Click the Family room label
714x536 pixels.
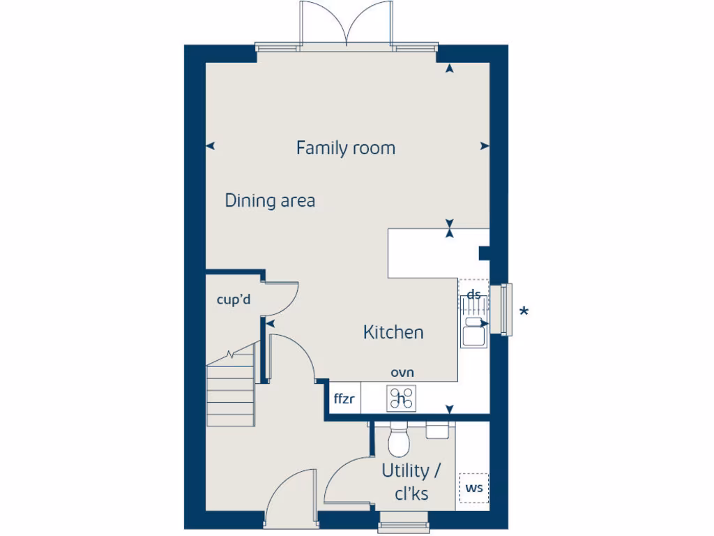coord(345,148)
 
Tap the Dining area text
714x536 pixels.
coord(270,201)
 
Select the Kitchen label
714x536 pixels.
coord(393,332)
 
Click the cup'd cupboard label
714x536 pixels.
coord(233,300)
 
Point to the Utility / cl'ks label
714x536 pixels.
coord(411,482)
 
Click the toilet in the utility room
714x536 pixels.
coord(400,440)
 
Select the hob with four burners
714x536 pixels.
coord(402,399)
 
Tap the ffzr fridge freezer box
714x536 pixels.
coord(344,400)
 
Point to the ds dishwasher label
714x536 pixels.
coord(473,295)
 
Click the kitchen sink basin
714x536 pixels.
coord(473,334)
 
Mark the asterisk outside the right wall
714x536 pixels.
coord(523,312)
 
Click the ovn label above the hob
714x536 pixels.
coord(402,373)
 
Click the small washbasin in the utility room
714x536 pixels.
coord(437,429)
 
